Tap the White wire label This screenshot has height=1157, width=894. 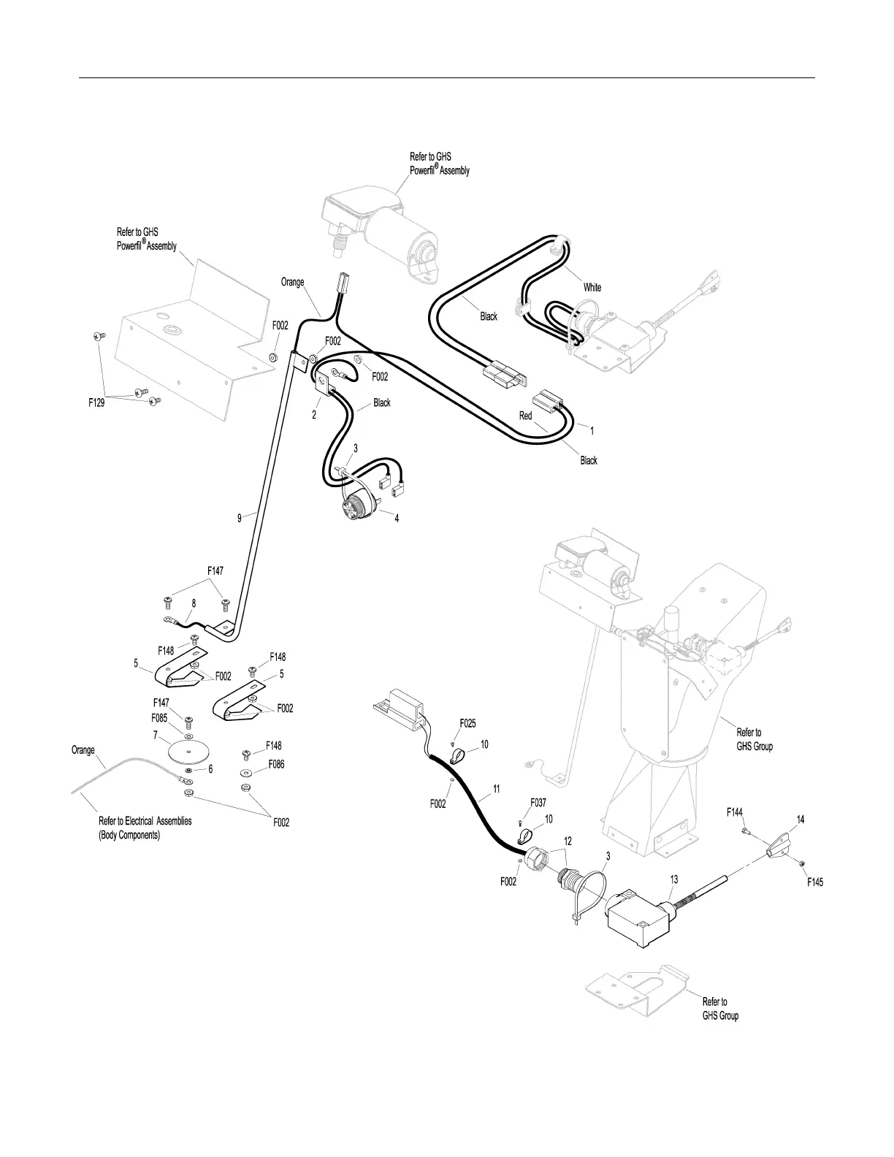pyautogui.click(x=592, y=287)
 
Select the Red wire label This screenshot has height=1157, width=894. pyautogui.click(x=526, y=416)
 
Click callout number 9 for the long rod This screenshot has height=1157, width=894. pyautogui.click(x=239, y=518)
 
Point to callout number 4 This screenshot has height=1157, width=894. pyautogui.click(x=397, y=519)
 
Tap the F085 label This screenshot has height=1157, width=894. pyautogui.click(x=159, y=717)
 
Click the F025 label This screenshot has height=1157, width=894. pyautogui.click(x=467, y=723)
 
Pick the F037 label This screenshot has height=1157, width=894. pyautogui.click(x=538, y=802)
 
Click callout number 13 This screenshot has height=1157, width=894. pyautogui.click(x=674, y=880)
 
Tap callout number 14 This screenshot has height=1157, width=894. pyautogui.click(x=801, y=820)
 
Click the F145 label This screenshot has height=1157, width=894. pyautogui.click(x=815, y=882)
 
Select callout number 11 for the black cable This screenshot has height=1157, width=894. pyautogui.click(x=497, y=789)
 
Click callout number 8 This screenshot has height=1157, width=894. pyautogui.click(x=194, y=603)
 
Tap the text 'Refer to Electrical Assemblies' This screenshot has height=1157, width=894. pyautogui.click(x=145, y=821)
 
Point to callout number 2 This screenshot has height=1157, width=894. pyautogui.click(x=314, y=413)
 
